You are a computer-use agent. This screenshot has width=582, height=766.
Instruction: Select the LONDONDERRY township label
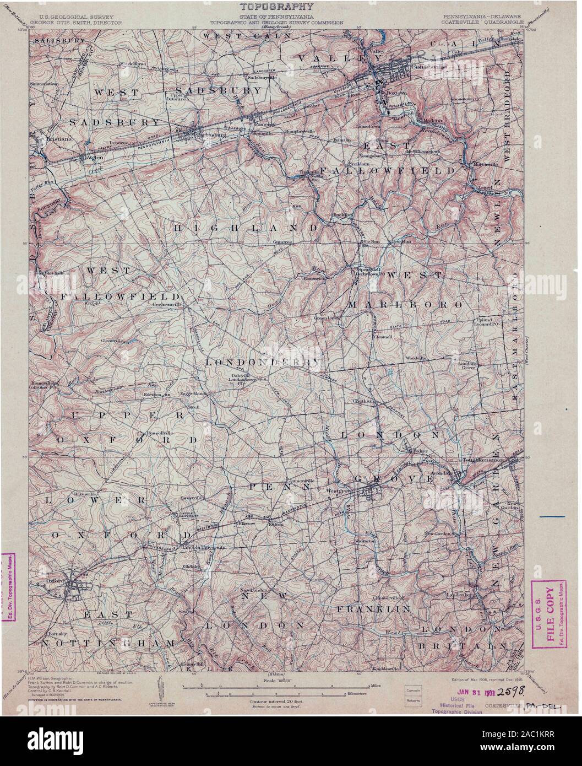263,363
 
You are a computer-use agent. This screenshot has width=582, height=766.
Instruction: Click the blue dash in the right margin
552,516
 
